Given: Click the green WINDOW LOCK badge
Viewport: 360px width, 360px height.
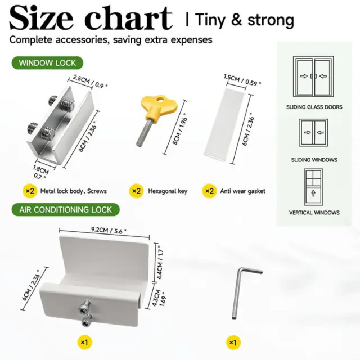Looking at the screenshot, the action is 47,62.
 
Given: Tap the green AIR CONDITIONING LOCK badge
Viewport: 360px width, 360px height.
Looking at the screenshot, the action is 66,210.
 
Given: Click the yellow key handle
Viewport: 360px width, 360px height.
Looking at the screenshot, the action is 159,105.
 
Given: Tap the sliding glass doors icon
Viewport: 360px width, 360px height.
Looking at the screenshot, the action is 313,76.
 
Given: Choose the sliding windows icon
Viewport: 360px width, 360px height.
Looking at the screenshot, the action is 313,133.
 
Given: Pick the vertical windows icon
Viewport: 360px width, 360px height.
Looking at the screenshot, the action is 313,187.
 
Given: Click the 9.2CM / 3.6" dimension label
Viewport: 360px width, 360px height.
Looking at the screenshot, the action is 109,230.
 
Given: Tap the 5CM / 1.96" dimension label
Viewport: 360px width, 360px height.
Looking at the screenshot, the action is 180,130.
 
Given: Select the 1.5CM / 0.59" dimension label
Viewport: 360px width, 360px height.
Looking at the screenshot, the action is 242,80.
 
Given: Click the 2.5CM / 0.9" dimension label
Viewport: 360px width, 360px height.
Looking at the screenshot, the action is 90,81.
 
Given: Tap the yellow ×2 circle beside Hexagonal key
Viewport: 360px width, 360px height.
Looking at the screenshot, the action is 137,191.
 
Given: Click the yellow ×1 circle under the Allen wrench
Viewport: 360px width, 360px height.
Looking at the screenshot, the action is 233,343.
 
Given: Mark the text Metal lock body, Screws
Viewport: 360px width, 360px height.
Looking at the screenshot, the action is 74,191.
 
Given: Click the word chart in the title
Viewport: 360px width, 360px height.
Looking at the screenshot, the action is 129,18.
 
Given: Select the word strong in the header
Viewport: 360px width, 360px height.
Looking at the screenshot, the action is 271,20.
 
